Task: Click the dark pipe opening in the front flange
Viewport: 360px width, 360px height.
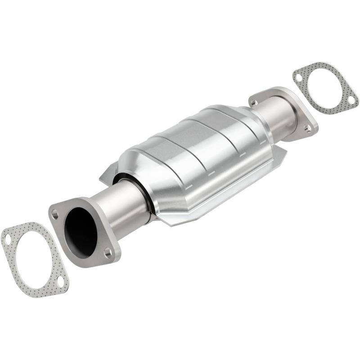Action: (x=81, y=232)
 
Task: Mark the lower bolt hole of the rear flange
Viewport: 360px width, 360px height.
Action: (x=308, y=129)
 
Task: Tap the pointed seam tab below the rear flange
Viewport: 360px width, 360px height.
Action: (x=282, y=155)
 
